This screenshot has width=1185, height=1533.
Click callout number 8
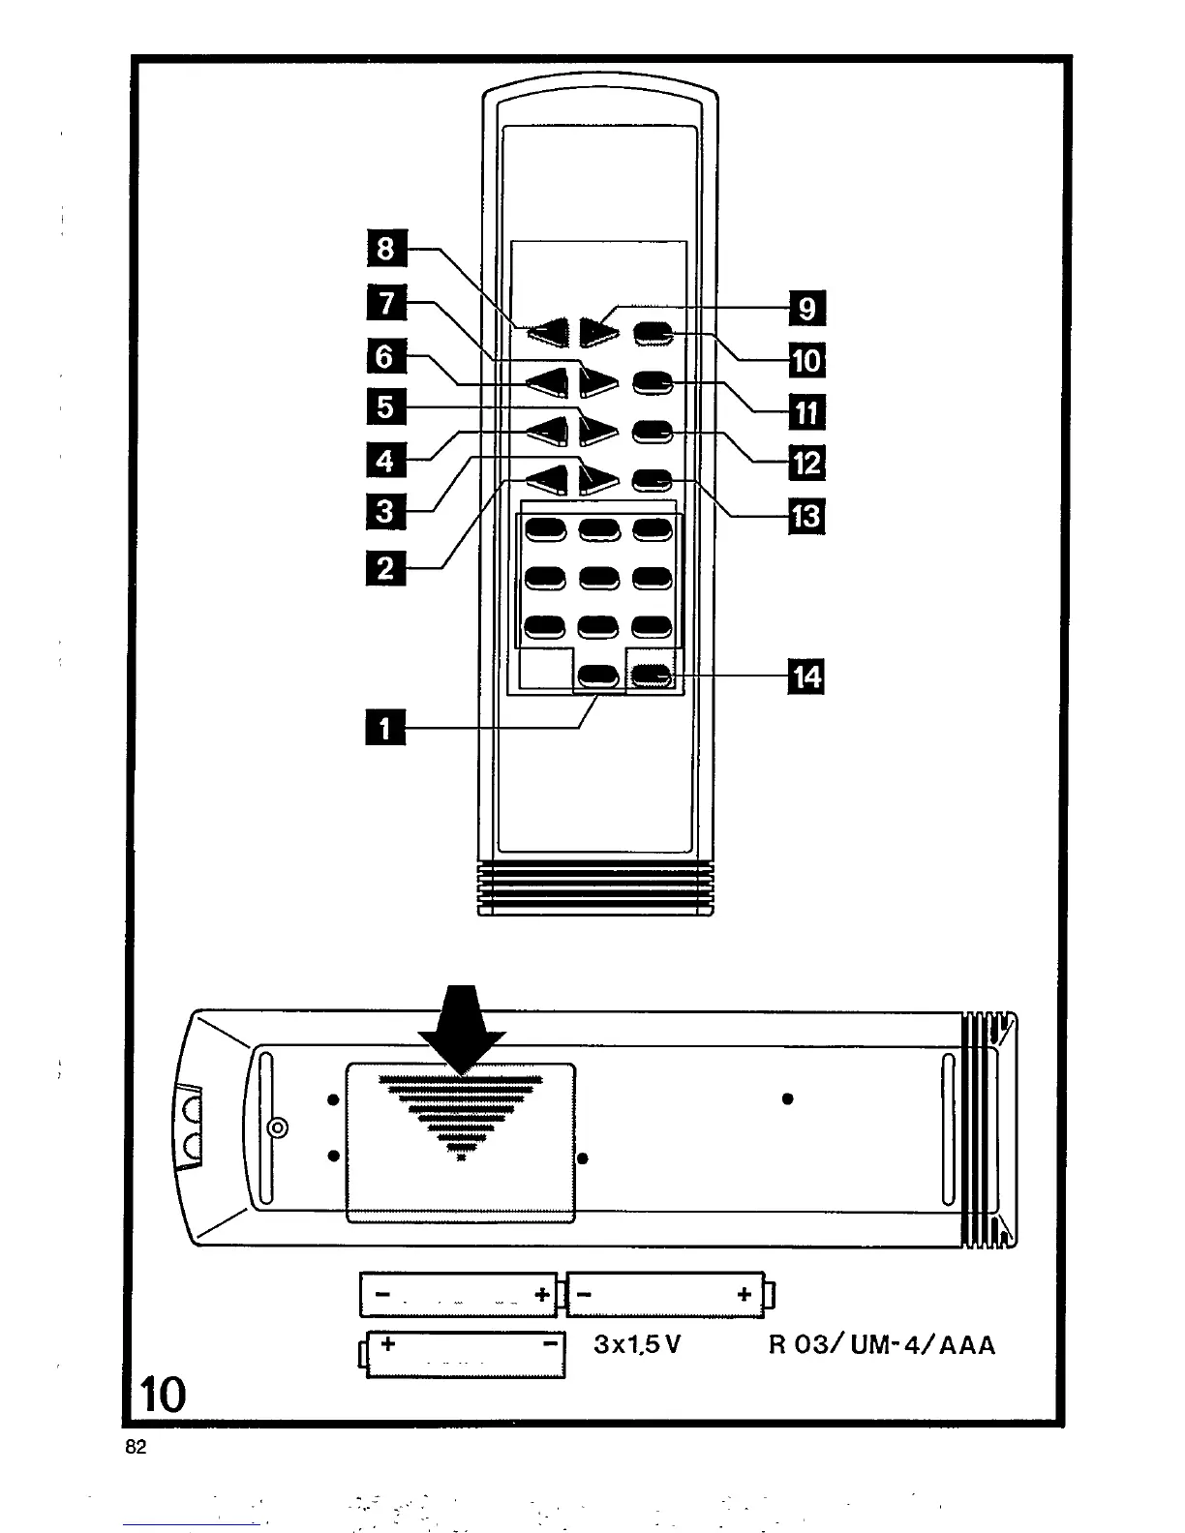click(x=386, y=249)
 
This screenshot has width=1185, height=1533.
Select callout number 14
click(x=806, y=676)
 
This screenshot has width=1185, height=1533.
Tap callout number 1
click(x=386, y=726)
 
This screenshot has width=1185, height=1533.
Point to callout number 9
click(x=806, y=309)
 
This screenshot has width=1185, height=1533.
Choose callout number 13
click(x=806, y=517)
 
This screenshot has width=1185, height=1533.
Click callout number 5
click(x=386, y=406)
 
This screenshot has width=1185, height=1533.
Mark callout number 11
click(x=806, y=413)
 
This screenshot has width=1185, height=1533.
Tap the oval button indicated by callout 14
click(x=652, y=675)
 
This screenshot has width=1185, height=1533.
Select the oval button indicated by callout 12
click(x=653, y=432)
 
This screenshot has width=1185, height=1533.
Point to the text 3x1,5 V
click(x=638, y=1344)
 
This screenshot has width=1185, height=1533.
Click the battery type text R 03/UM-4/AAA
click(x=881, y=1344)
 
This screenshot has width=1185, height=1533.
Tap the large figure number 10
click(x=162, y=1395)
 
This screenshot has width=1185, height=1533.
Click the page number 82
click(x=136, y=1448)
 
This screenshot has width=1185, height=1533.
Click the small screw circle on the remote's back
click(x=278, y=1127)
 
